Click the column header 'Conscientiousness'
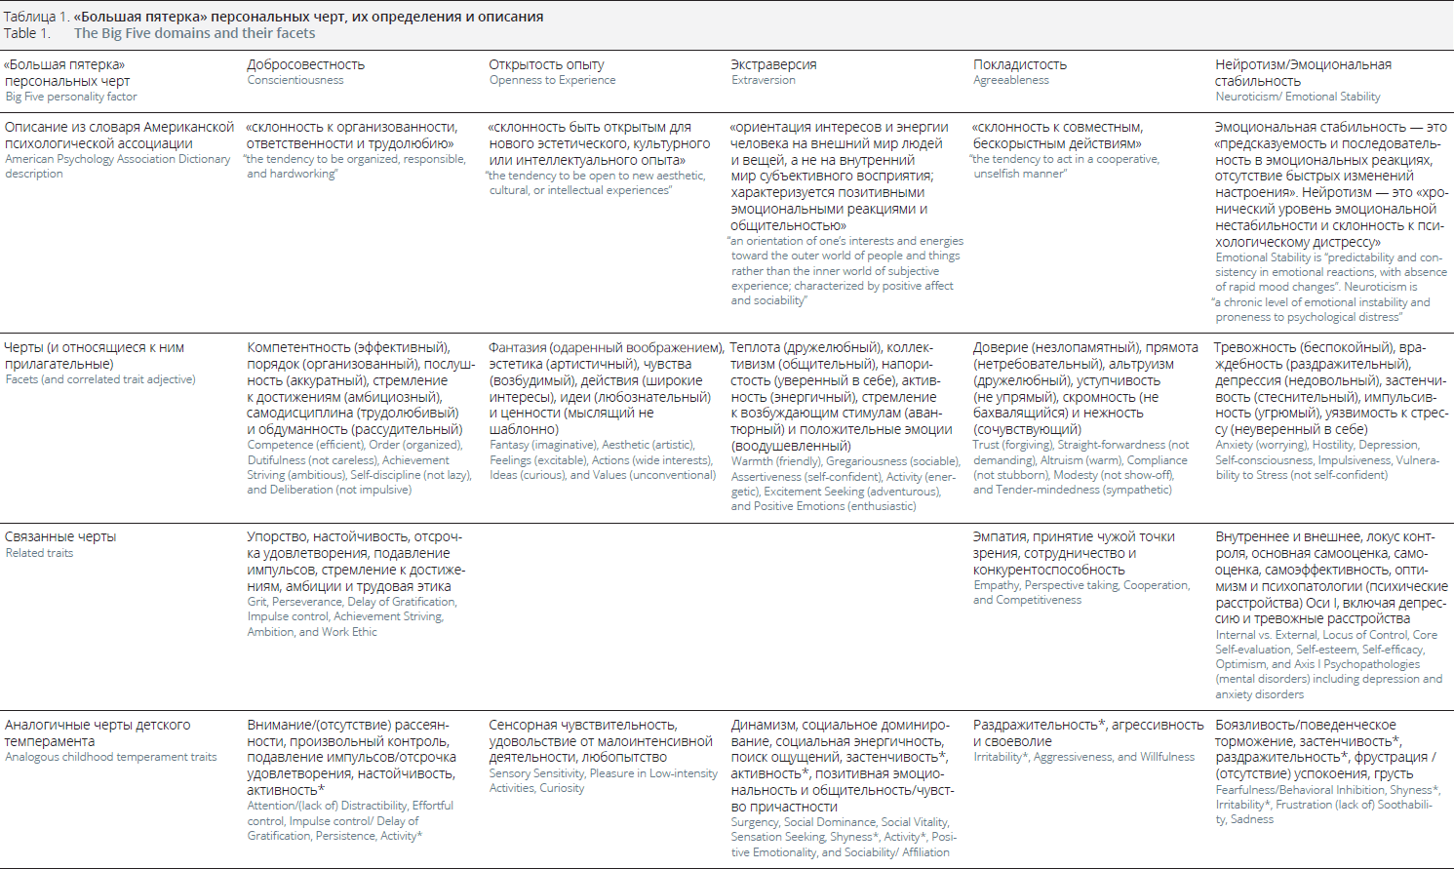point(295,80)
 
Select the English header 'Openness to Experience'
point(552,80)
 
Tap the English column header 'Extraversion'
point(764,80)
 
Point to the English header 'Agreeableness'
point(1011,80)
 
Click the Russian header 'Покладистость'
point(1020,64)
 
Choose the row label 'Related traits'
point(39,553)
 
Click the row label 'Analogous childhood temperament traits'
point(111,757)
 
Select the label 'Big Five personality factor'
point(71,97)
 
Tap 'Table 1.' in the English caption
point(26,33)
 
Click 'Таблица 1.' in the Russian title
point(36,17)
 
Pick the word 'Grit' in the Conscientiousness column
point(257,602)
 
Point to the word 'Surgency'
point(755,822)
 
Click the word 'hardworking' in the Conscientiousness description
point(303,174)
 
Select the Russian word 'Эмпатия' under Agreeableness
point(999,536)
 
